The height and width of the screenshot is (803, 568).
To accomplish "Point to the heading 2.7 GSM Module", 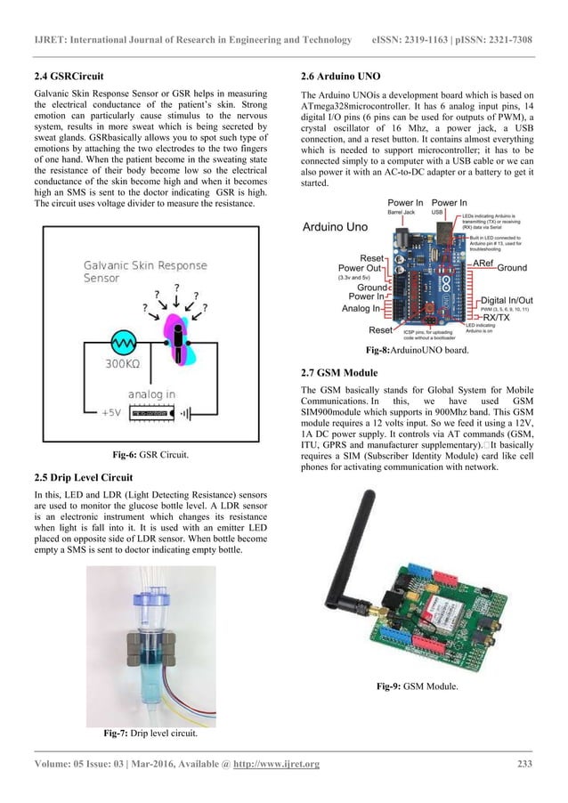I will (x=340, y=371).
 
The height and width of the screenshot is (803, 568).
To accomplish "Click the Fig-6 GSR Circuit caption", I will (x=150, y=455).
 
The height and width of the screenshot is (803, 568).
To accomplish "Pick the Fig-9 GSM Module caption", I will (x=417, y=685).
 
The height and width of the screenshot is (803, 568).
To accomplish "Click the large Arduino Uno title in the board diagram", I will (x=335, y=227).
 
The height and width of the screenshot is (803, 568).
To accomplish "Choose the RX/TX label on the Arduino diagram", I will (x=496, y=316).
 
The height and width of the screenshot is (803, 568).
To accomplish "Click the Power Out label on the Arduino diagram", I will (x=361, y=268).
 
